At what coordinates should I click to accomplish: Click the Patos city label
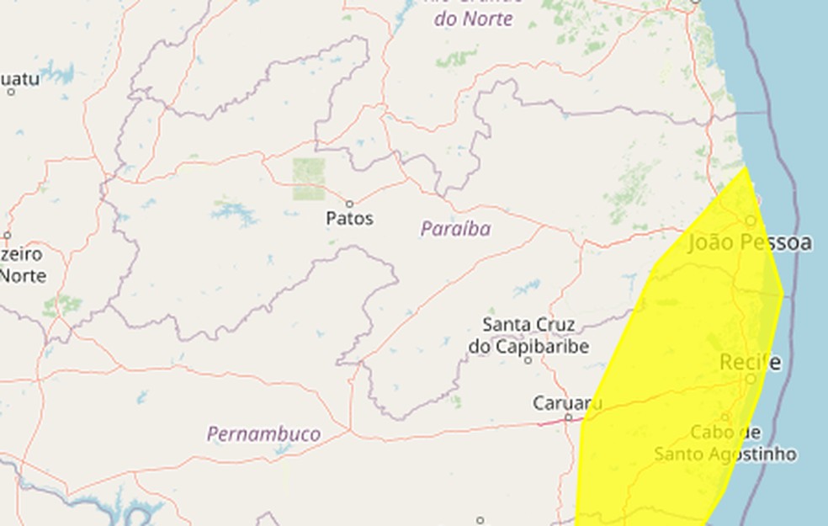(x=349, y=219)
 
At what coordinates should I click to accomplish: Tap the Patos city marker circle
(x=349, y=204)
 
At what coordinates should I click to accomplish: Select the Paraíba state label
(x=455, y=229)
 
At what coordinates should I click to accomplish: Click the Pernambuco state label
(x=263, y=434)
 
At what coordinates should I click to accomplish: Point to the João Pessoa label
(x=750, y=243)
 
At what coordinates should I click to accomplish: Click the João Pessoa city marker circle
(x=751, y=220)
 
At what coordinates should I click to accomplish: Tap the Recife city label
(x=750, y=363)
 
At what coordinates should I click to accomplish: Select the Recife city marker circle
(x=751, y=379)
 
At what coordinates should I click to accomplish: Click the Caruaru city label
(x=567, y=403)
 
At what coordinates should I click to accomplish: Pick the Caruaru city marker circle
(x=568, y=417)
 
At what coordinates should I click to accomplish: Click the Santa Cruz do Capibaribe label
(x=528, y=335)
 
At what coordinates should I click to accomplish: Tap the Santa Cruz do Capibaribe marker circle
(x=528, y=359)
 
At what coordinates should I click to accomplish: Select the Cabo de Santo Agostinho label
(x=725, y=444)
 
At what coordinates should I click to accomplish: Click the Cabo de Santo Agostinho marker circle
(x=725, y=417)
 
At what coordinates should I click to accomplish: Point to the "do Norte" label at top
(x=473, y=19)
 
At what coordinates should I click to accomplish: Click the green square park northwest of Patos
(x=309, y=179)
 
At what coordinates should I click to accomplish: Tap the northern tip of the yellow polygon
(x=746, y=168)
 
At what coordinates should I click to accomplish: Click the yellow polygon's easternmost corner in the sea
(x=783, y=294)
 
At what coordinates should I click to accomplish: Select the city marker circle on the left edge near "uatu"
(x=11, y=91)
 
